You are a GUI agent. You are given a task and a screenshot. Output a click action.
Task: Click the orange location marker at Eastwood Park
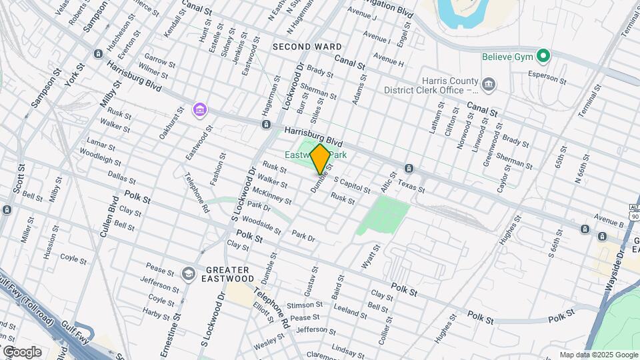320,159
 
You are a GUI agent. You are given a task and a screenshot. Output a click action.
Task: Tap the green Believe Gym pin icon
543,56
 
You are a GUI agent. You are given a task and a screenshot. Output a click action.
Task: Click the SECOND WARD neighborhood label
307,47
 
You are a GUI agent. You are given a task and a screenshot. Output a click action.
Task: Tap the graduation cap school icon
189,273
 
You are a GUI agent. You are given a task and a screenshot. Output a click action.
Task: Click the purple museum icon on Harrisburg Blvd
199,109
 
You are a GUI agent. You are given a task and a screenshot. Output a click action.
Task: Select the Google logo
21,351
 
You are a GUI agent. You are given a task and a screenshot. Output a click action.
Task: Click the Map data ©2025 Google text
598,355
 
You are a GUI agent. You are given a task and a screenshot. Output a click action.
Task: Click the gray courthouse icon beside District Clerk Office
489,84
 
